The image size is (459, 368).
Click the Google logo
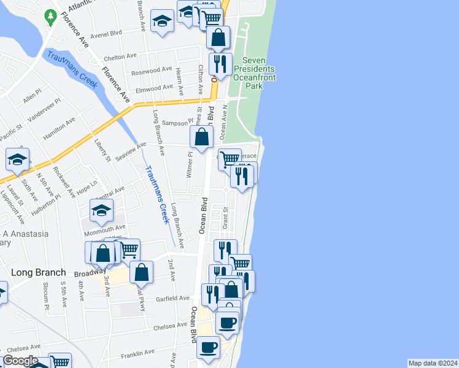pyautogui.click(x=20, y=361)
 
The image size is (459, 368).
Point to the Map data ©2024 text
pyautogui.click(x=432, y=363)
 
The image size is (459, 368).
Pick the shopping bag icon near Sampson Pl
pyautogui.click(x=201, y=137)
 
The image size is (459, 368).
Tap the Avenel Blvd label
pyautogui.click(x=106, y=35)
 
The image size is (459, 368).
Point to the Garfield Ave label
pyautogui.click(x=173, y=299)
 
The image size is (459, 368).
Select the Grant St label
pyautogui.click(x=225, y=218)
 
